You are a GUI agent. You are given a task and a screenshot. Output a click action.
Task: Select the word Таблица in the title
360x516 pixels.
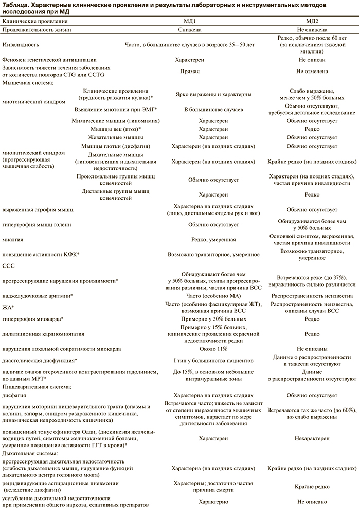(17, 4)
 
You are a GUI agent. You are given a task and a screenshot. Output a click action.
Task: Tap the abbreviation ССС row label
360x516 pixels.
(9, 266)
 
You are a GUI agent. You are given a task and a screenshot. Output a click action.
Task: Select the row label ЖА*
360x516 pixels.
(8, 307)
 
